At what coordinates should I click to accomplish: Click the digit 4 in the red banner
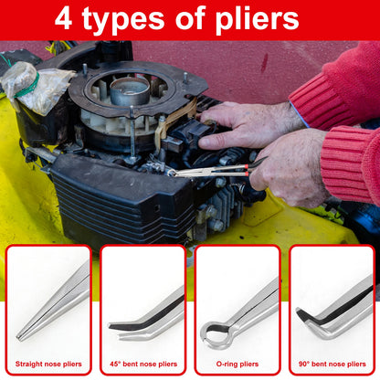click(63, 19)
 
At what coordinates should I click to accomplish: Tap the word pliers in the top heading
click(258, 20)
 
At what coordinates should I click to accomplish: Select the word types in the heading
click(123, 21)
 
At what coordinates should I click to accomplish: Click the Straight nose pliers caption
click(48, 364)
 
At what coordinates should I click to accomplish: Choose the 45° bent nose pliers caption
click(143, 364)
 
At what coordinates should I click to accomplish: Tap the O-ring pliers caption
click(237, 364)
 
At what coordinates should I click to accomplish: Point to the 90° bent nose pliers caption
click(332, 364)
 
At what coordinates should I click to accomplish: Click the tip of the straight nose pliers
click(19, 338)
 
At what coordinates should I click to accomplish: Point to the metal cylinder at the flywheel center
click(130, 90)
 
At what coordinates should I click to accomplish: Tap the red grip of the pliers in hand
click(246, 170)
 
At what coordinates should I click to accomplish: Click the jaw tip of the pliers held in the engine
click(171, 174)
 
